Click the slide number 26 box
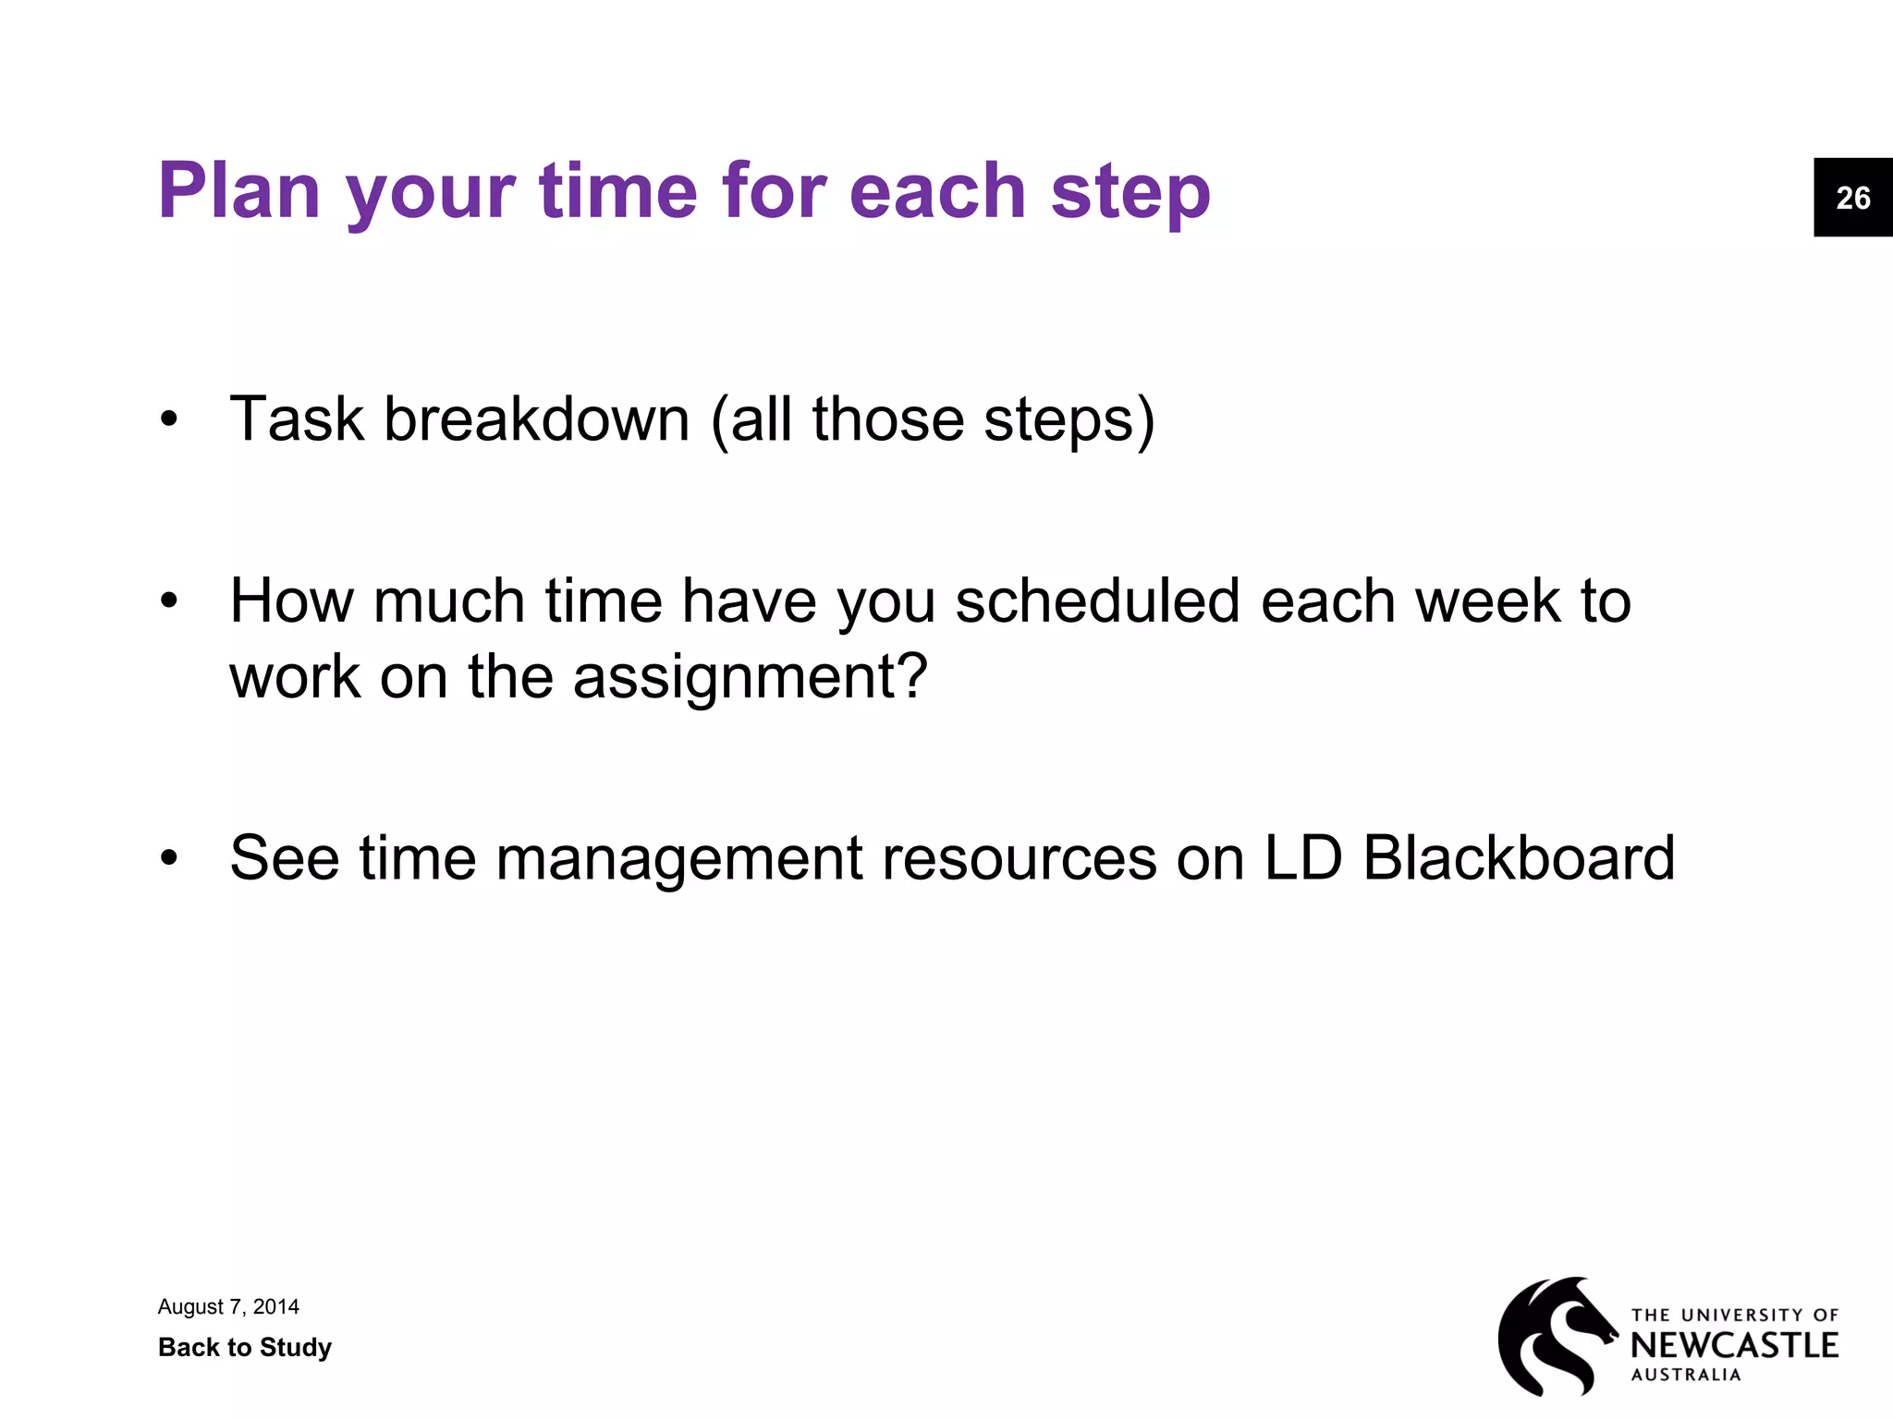tap(1852, 198)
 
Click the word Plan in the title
tap(238, 191)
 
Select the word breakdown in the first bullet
tap(536, 419)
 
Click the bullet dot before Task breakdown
tap(168, 421)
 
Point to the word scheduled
tap(1098, 601)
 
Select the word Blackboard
tap(1518, 858)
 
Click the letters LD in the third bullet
tap(1303, 858)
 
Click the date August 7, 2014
tap(228, 1306)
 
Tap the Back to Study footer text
tap(244, 1347)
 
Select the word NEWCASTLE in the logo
tap(1734, 1345)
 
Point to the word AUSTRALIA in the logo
tap(1686, 1375)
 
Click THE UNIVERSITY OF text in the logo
tap(1734, 1315)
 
